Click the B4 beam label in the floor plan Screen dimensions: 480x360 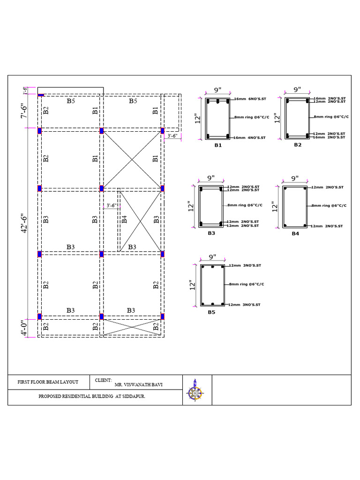(124, 219)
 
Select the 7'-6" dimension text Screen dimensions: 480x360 (25, 111)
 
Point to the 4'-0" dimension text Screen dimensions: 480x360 (25, 328)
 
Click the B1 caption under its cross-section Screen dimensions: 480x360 (217, 145)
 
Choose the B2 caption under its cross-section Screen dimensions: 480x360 (298, 145)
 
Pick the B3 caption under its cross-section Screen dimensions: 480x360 (211, 233)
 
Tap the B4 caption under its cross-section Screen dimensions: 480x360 (295, 233)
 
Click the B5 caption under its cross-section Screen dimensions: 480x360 (211, 312)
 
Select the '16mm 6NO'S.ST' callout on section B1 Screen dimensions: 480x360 (250, 99)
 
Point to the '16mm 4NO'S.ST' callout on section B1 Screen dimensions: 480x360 (250, 138)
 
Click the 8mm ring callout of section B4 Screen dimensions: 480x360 (329, 205)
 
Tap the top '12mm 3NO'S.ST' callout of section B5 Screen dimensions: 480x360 (245, 265)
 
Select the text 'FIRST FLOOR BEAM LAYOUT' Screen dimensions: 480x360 (48, 382)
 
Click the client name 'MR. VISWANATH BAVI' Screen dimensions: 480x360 (139, 385)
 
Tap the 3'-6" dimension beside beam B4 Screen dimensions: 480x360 (111, 205)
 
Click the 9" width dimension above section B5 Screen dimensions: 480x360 (212, 257)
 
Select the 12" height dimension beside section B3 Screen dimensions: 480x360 (191, 206)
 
